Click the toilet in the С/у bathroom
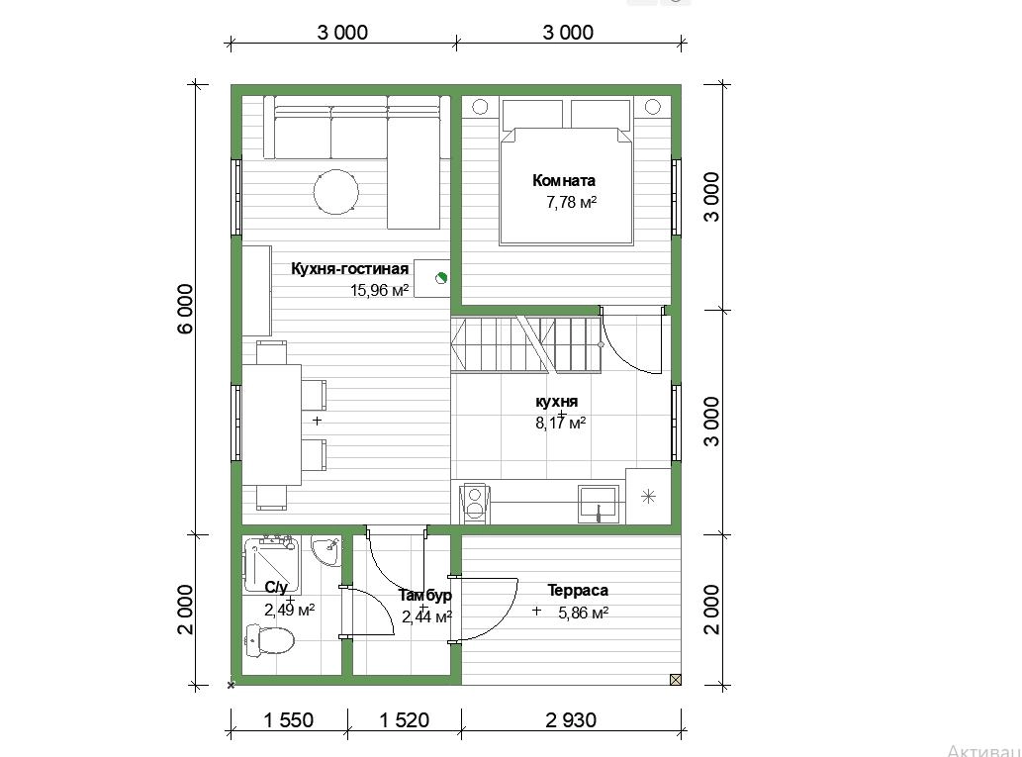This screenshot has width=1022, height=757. coord(269,640)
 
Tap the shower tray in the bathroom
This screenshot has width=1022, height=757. coord(271,565)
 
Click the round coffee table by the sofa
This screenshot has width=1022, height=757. coord(335,192)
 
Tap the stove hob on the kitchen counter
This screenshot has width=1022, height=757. coord(475,504)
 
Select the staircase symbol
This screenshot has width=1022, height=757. coord(525,344)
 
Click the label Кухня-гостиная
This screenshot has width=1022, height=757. coord(349,268)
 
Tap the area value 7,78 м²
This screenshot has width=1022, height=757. coord(572,202)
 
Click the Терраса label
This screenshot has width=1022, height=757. coord(578,591)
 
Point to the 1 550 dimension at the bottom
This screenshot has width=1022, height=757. coord(288,719)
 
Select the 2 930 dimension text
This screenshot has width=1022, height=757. coord(571,719)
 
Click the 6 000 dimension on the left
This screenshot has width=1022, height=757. coord(185,309)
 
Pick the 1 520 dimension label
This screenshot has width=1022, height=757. coord(404,719)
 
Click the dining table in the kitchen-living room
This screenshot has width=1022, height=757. coord(272,425)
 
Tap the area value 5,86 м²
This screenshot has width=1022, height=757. coord(584,613)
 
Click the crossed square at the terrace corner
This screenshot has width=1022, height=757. coord(676,680)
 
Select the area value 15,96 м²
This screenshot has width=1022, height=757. coord(379,290)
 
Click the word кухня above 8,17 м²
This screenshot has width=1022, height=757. coord(557,402)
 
